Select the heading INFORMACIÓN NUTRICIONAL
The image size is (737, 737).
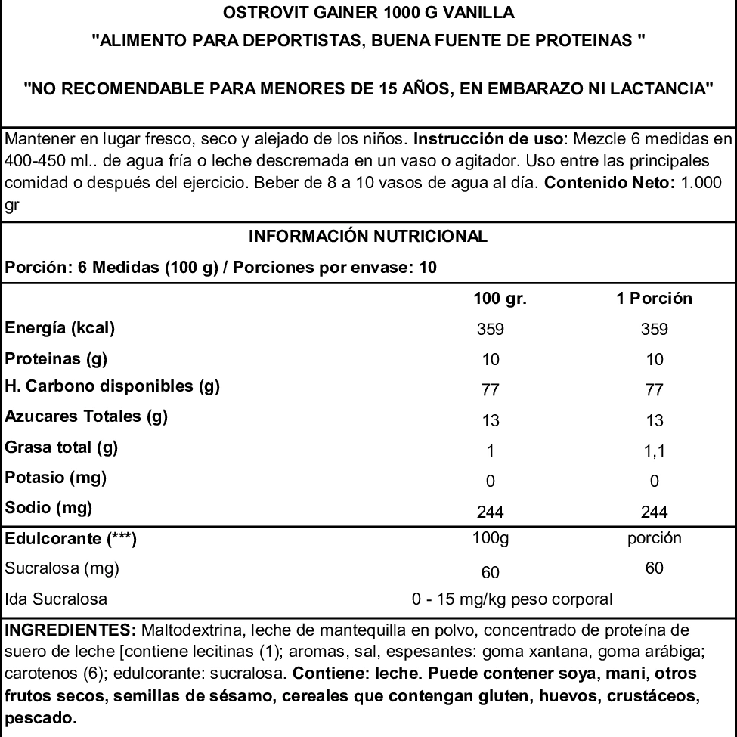click(368, 237)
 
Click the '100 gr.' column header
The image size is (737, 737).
click(500, 299)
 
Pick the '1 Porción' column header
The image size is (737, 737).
click(655, 299)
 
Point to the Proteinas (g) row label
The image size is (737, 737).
click(55, 358)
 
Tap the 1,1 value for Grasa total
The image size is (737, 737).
click(655, 451)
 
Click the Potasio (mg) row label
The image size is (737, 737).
click(55, 478)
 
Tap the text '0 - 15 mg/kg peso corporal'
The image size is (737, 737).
click(511, 601)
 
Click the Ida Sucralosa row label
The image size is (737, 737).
click(55, 601)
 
